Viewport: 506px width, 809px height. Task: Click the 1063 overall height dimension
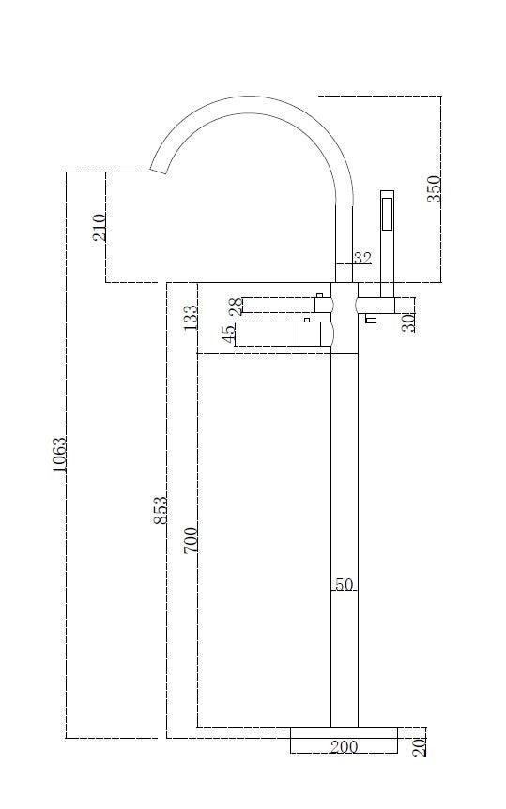pos(59,455)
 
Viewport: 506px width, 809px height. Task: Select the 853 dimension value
pos(161,510)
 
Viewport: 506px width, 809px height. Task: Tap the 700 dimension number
pos(191,540)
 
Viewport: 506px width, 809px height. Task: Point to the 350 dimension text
pos(434,188)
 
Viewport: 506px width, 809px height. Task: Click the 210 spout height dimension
pos(99,227)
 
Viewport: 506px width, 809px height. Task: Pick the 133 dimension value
pos(191,318)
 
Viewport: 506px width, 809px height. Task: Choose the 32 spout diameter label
pos(362,258)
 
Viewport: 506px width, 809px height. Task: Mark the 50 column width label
pos(345,585)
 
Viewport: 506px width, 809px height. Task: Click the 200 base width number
pos(345,746)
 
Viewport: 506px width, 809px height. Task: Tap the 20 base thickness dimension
pos(420,746)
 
